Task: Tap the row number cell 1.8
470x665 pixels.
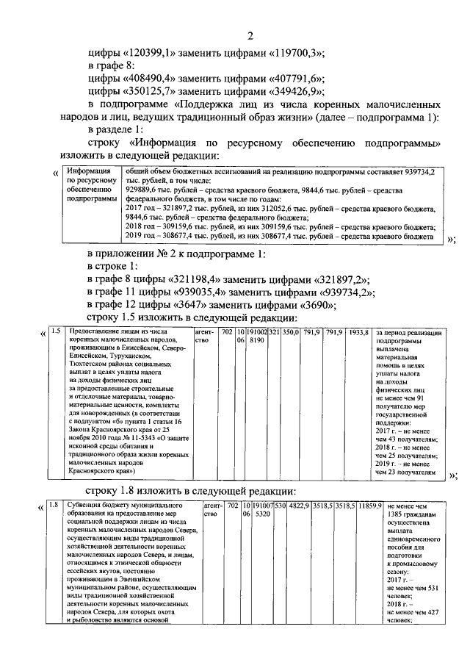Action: [55, 506]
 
